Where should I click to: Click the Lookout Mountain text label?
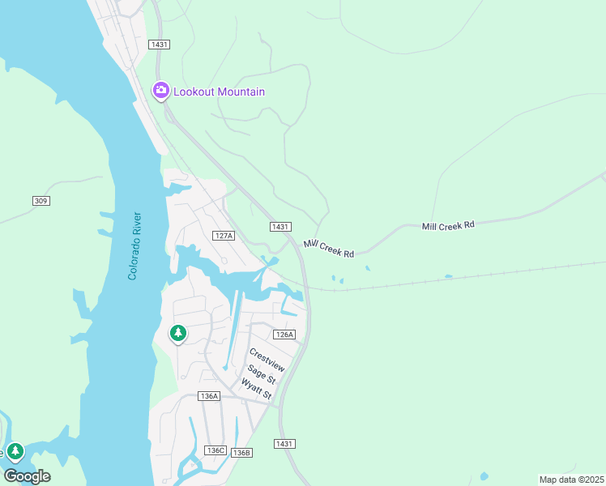click(219, 92)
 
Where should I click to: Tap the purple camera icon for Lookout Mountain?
click(160, 90)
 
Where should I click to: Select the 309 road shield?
click(41, 200)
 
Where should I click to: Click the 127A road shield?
click(224, 236)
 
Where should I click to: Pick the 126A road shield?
click(284, 335)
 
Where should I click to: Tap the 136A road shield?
click(209, 396)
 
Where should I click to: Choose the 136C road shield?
click(215, 450)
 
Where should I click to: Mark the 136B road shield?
click(241, 452)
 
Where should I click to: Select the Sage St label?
click(262, 373)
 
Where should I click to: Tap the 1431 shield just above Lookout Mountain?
click(160, 45)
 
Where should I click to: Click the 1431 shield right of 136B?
click(284, 444)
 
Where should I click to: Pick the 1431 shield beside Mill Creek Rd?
click(280, 227)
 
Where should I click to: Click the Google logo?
click(27, 475)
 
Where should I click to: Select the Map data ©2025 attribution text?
click(571, 480)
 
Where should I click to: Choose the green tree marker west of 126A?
click(177, 333)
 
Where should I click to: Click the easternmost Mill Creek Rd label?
click(448, 225)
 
